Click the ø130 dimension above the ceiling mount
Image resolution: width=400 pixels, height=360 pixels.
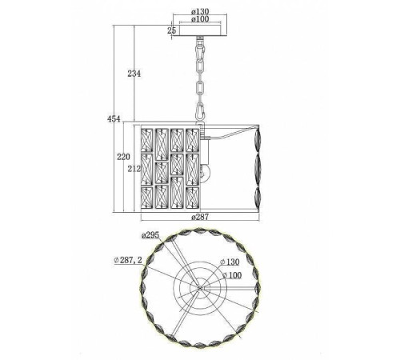[200, 11]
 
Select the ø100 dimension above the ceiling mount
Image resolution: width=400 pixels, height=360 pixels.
[200, 19]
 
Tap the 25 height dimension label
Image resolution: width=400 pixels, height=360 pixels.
[172, 30]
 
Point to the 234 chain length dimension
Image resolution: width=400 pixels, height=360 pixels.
[134, 74]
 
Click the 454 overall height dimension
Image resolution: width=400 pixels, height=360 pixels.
[114, 119]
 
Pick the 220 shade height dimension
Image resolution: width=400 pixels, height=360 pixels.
[123, 157]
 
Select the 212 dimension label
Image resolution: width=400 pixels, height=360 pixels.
[134, 169]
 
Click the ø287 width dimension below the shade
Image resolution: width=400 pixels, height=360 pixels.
[200, 217]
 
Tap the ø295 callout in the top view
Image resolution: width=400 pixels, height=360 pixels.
[150, 235]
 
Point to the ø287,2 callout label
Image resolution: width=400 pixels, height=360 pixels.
[128, 260]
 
